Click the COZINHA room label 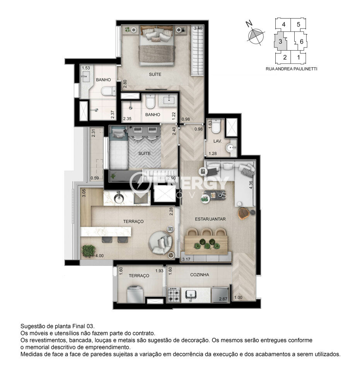(200, 275)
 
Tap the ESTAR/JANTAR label (210, 219)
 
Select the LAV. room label (218, 141)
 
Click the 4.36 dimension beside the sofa (251, 185)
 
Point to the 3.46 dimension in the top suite (198, 28)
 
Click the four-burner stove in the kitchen (174, 294)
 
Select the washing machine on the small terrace (135, 294)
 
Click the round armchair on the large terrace (160, 243)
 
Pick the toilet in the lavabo (216, 126)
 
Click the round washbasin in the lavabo (230, 148)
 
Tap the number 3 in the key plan (280, 41)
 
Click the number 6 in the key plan (302, 42)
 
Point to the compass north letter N (249, 24)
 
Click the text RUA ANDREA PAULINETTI (291, 69)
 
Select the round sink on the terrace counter (118, 198)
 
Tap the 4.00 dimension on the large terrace (99, 256)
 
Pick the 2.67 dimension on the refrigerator (223, 299)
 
